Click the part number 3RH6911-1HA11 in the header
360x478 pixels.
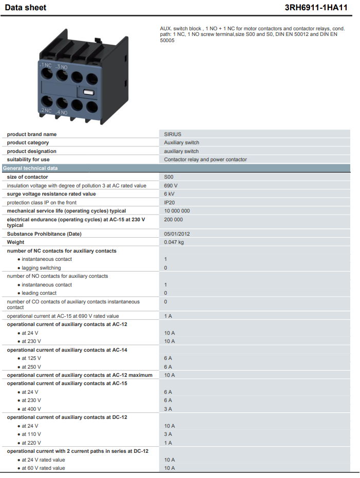coord(316,7)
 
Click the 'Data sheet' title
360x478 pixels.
coord(26,7)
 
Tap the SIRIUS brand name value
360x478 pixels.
coord(173,134)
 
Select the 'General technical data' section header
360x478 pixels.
coord(30,168)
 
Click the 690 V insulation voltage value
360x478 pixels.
coord(170,185)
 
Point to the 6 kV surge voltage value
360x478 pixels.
coord(169,194)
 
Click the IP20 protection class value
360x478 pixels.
coord(169,202)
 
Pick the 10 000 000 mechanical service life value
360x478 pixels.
coord(177,211)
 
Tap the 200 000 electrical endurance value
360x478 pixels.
coord(174,220)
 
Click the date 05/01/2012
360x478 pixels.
coord(177,234)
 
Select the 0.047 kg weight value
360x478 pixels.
coord(174,242)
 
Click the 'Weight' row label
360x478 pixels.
coord(15,242)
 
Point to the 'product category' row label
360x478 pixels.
coord(28,142)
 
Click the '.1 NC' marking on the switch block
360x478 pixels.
coord(46,65)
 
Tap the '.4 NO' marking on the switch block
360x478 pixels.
coord(62,112)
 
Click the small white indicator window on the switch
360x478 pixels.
coord(88,92)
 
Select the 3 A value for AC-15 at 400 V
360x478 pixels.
coord(168,409)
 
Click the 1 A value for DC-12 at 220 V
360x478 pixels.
coord(168,443)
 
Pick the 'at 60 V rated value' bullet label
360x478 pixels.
coord(43,468)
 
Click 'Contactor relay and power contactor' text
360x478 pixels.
coord(205,160)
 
